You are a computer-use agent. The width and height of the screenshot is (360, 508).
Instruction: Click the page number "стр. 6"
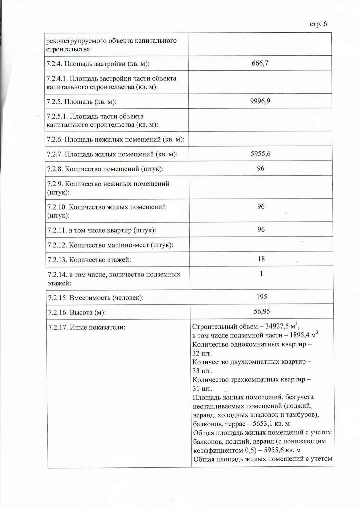click(318, 24)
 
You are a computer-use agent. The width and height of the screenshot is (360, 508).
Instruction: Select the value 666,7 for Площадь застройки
click(260, 63)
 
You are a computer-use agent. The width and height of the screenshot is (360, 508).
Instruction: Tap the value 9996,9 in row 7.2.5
click(260, 101)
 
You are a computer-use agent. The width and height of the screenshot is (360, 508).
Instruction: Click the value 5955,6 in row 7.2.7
click(261, 154)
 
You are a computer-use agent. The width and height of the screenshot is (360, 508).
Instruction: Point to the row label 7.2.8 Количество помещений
click(105, 169)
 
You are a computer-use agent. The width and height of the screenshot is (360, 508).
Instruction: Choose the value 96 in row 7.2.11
click(261, 230)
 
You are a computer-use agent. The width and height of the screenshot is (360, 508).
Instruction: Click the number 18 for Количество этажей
click(261, 259)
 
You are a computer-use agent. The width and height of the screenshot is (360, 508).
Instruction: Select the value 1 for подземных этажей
click(261, 273)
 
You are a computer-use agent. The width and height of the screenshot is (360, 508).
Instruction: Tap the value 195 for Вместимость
click(262, 296)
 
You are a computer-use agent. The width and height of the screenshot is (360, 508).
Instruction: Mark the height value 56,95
click(262, 311)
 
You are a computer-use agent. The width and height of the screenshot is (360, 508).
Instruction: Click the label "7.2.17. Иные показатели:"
click(87, 327)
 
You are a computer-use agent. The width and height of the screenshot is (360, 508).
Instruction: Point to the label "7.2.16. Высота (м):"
click(77, 312)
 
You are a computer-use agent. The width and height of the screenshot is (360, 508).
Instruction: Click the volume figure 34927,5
click(277, 326)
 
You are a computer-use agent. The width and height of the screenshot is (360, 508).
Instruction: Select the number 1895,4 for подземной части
click(299, 335)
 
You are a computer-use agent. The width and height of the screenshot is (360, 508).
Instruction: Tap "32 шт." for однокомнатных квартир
click(202, 353)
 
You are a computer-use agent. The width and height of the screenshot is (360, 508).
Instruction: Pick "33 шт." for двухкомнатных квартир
click(202, 371)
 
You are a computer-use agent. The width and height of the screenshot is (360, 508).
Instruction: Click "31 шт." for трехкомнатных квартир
click(202, 389)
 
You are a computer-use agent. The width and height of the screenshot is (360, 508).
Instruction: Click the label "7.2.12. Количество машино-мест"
click(110, 245)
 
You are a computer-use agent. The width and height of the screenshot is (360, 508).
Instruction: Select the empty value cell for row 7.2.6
click(260, 139)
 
